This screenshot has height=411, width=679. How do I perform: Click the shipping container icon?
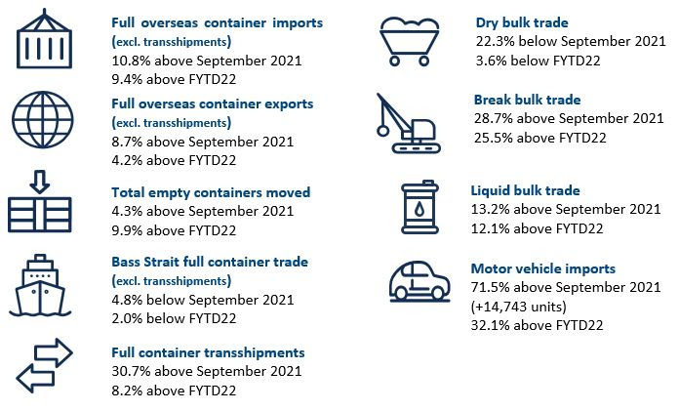click(44, 39)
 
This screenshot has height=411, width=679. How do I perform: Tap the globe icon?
click(43, 120)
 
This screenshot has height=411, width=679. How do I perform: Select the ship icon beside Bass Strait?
click(40, 285)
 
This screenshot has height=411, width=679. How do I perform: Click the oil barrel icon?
click(419, 207)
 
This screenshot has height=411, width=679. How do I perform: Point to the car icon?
click(419, 281)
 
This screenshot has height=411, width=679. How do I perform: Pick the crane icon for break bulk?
click(408, 124)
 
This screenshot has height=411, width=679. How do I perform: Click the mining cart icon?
click(409, 42)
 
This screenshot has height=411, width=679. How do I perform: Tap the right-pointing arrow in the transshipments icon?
click(54, 352)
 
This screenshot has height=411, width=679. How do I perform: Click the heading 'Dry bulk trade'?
click(522, 22)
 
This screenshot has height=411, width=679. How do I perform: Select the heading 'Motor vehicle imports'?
click(543, 268)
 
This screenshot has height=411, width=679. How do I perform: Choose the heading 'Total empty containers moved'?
click(211, 192)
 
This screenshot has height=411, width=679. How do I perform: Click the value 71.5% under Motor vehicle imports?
click(491, 287)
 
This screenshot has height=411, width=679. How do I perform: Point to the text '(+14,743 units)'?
click(519, 307)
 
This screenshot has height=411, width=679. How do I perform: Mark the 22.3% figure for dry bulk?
click(496, 41)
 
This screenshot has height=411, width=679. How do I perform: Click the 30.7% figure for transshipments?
click(131, 371)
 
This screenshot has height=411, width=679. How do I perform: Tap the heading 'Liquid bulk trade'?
click(525, 190)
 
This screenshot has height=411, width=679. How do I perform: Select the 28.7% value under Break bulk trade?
click(494, 118)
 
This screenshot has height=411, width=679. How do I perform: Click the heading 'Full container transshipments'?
click(208, 352)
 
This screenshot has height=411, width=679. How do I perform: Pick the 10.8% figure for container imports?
click(131, 61)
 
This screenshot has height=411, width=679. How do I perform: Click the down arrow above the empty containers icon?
click(40, 182)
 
